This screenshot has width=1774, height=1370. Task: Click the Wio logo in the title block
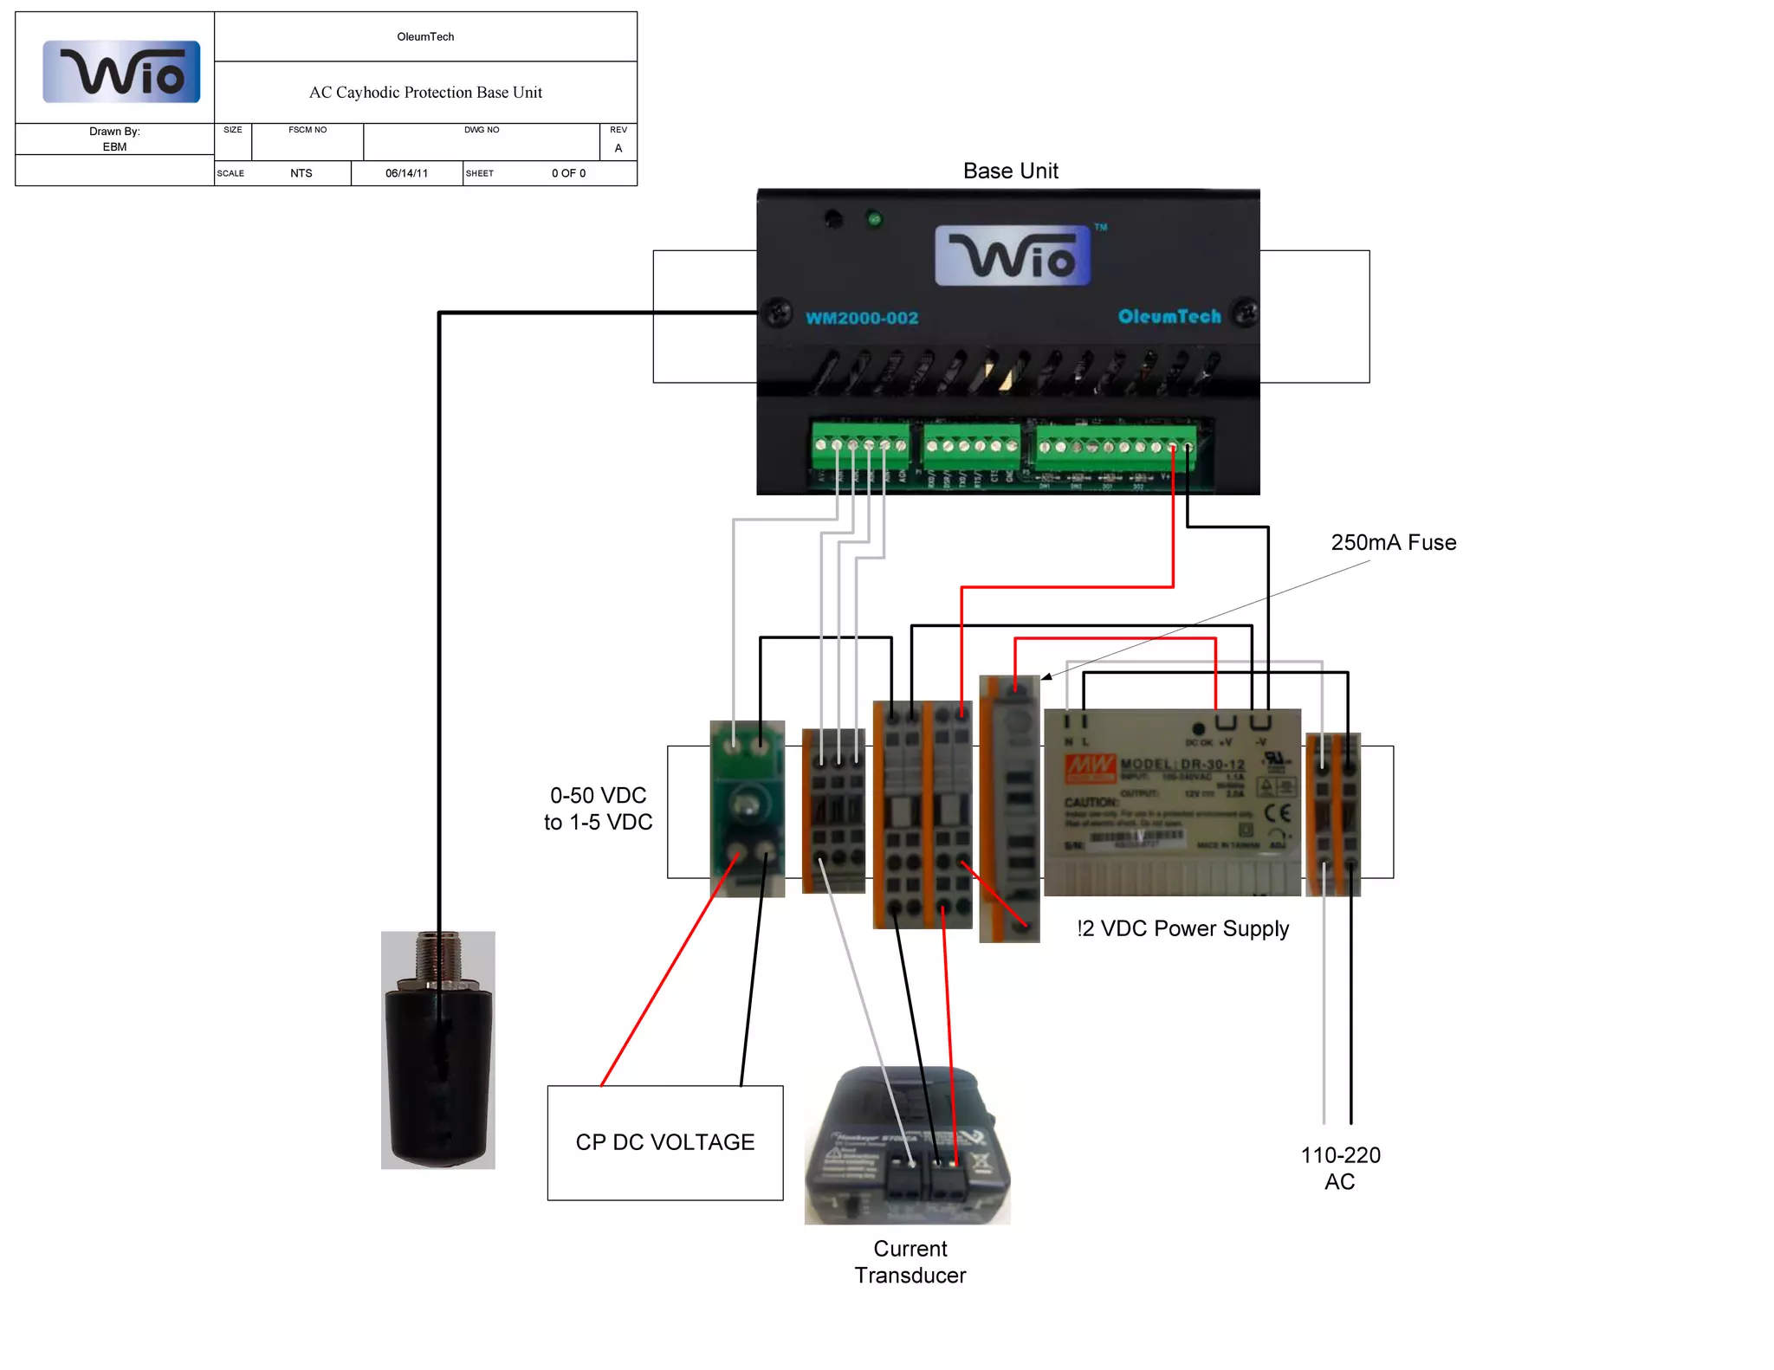(x=121, y=72)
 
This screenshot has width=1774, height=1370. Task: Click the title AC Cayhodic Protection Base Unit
(x=425, y=93)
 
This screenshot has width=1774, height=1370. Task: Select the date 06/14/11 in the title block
(x=406, y=173)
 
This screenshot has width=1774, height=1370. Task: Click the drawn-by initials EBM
(x=114, y=147)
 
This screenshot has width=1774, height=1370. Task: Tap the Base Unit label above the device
(x=1010, y=171)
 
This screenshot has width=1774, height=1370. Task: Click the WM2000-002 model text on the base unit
(x=862, y=318)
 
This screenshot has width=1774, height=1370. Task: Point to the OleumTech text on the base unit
(x=1169, y=316)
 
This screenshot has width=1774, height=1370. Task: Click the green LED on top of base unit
(x=874, y=220)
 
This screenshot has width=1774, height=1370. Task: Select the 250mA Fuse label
(x=1393, y=543)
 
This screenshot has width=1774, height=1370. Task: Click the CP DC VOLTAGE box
(x=665, y=1142)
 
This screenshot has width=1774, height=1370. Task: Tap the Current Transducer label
(x=910, y=1262)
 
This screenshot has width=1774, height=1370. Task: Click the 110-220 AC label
(x=1340, y=1168)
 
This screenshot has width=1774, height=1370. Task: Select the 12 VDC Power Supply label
(x=1183, y=928)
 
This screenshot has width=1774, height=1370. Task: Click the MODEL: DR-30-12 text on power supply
(x=1182, y=765)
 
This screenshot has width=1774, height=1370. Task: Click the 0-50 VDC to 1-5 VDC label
(x=598, y=809)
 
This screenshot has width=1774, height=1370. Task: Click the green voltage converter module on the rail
(x=747, y=808)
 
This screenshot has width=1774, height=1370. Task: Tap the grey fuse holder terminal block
(x=1009, y=808)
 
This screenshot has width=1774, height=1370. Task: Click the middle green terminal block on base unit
(x=971, y=445)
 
